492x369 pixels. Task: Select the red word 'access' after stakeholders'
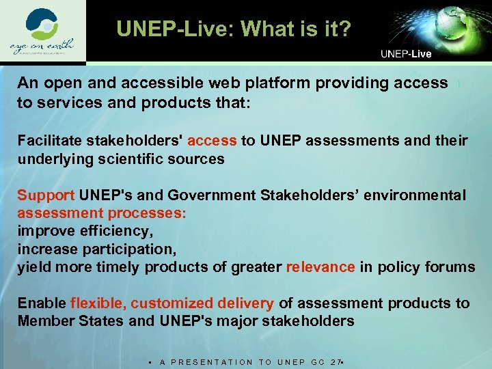click(212, 141)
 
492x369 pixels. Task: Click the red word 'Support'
click(46, 195)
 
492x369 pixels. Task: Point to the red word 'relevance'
click(320, 266)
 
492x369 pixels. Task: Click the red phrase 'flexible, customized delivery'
click(172, 303)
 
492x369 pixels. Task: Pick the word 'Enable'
click(42, 303)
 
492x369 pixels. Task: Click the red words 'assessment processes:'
click(102, 213)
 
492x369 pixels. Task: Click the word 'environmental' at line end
click(416, 195)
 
